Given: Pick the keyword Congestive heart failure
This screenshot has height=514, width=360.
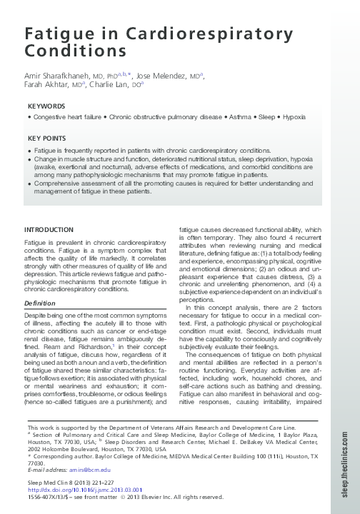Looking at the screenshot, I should [x=64, y=116].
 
